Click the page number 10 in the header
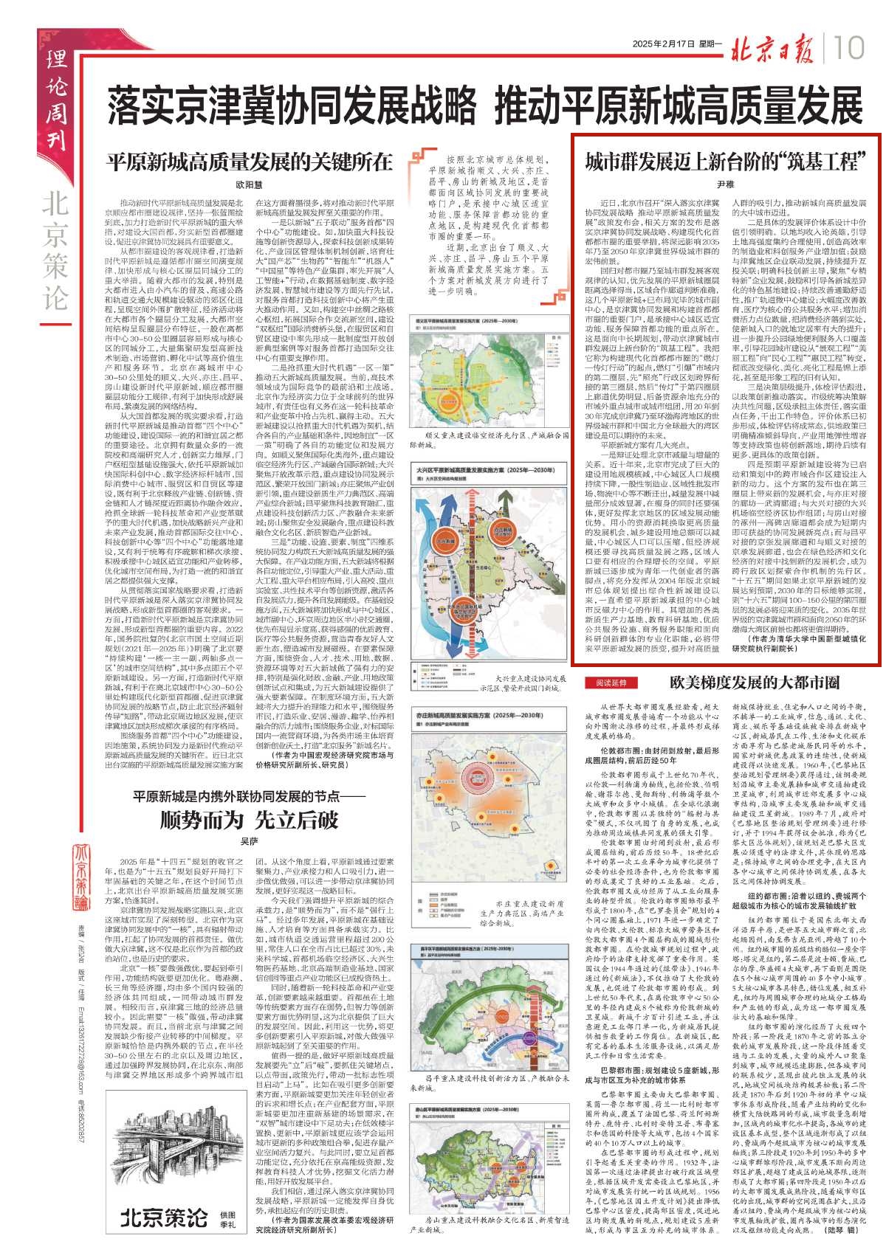tap(851, 49)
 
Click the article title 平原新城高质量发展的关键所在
tap(249, 162)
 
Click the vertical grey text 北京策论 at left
tap(56, 251)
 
